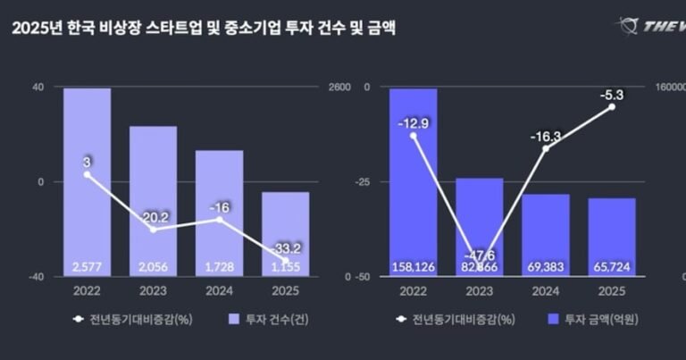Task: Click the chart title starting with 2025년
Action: pyautogui.click(x=204, y=29)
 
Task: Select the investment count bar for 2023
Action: pyautogui.click(x=153, y=201)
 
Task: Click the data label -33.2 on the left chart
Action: pyautogui.click(x=285, y=249)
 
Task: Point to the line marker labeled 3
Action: pyautogui.click(x=87, y=174)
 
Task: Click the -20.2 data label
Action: pyautogui.click(x=153, y=215)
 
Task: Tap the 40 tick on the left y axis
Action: pyautogui.click(x=37, y=87)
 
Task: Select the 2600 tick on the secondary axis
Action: pyautogui.click(x=339, y=87)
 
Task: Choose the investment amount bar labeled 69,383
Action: pyautogui.click(x=546, y=235)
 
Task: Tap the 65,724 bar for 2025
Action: pyautogui.click(x=612, y=237)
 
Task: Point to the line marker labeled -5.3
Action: pyautogui.click(x=612, y=106)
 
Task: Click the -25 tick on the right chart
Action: pyautogui.click(x=361, y=181)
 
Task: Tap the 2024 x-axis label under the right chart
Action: pyautogui.click(x=546, y=290)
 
